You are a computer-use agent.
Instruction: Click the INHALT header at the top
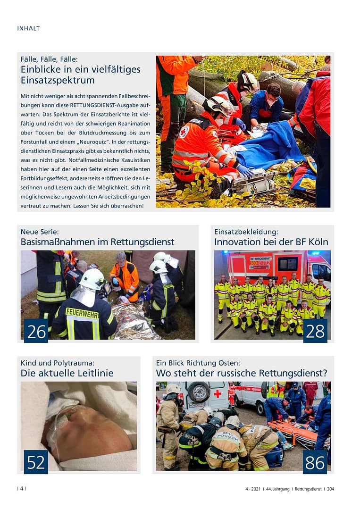point(28,28)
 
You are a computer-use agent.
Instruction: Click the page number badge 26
point(36,331)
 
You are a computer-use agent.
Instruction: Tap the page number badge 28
point(315,331)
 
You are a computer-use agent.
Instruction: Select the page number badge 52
point(36,462)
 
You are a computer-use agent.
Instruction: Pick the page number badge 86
point(315,462)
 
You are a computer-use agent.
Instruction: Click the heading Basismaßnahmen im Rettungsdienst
point(97,242)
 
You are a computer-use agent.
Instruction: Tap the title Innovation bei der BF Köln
point(271,242)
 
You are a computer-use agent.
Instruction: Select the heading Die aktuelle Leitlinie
point(67,373)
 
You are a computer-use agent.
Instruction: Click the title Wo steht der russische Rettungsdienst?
point(242,373)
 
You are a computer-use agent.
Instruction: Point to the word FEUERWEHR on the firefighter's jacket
point(82,312)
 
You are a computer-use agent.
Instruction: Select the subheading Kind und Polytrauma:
point(58,363)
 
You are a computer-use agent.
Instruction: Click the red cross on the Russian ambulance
point(217,393)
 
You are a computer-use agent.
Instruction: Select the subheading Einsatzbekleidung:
point(246,232)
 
